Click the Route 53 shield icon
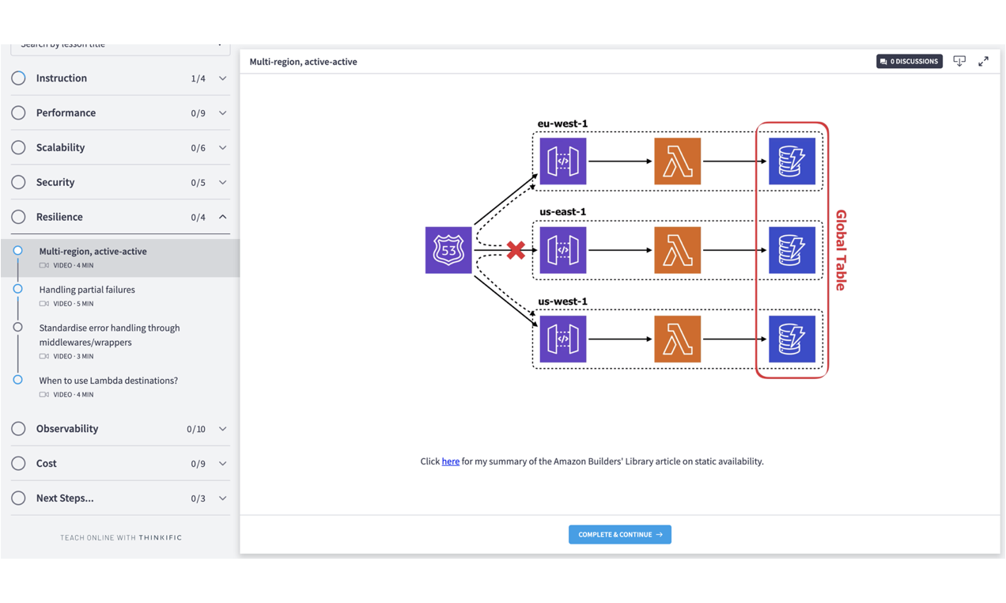point(448,250)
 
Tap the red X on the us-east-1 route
point(516,250)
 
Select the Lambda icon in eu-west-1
point(677,161)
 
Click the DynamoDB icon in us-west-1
point(792,339)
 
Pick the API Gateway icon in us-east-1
point(563,250)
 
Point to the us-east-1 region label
point(562,212)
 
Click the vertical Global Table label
point(841,250)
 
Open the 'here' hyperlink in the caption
point(450,461)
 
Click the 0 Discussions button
point(909,61)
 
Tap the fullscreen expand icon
point(983,61)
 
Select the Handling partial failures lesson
point(87,290)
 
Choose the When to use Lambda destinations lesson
point(108,381)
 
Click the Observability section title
point(67,429)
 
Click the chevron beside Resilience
point(222,217)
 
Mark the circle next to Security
point(18,182)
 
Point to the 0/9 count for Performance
point(198,113)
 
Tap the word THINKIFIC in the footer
point(161,538)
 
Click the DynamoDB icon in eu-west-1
point(792,161)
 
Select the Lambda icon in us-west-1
point(677,339)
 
